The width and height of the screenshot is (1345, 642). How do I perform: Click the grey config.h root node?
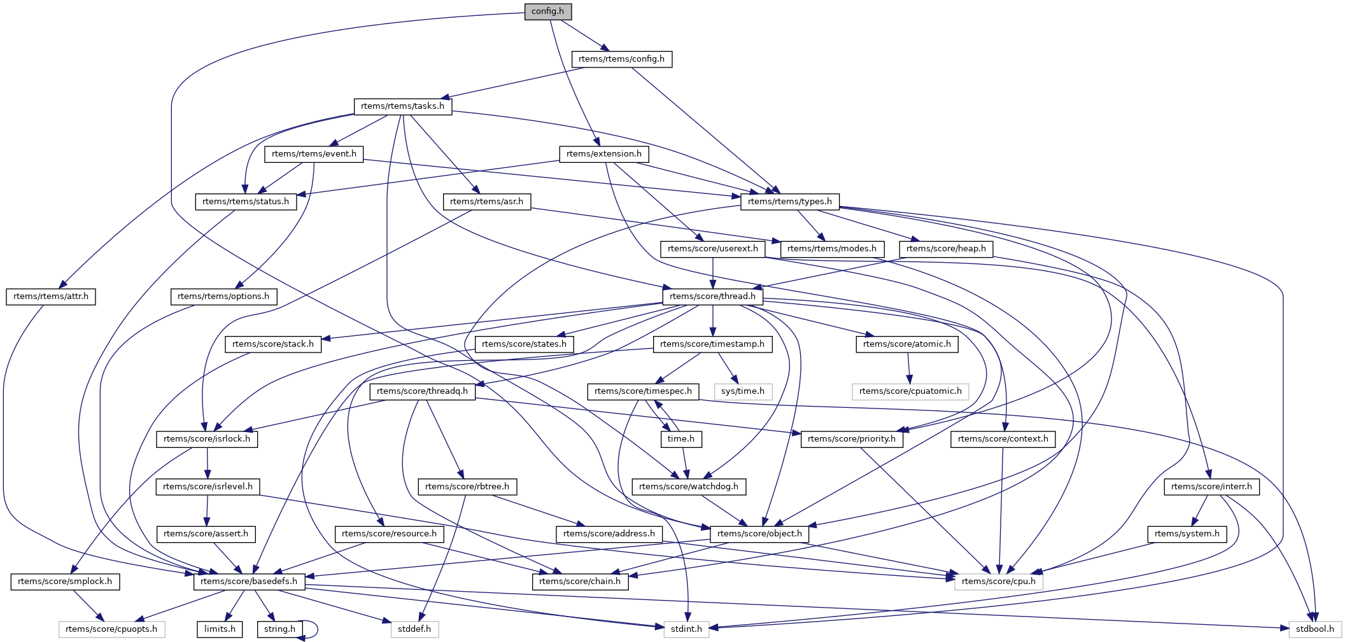(x=547, y=11)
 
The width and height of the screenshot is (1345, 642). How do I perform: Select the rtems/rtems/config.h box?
(x=621, y=59)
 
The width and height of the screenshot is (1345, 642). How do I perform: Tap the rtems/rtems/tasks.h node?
(x=402, y=106)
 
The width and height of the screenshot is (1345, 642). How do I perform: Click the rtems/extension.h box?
(x=603, y=154)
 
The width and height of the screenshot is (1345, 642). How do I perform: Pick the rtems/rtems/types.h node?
(x=789, y=202)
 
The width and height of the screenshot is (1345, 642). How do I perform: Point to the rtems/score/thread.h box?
(x=712, y=297)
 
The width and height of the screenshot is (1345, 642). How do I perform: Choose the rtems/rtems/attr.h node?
(x=51, y=297)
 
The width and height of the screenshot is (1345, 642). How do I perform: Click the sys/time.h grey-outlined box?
(x=742, y=391)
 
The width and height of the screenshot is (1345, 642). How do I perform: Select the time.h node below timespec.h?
(x=680, y=439)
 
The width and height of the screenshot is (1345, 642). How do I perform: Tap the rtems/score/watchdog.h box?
(x=688, y=487)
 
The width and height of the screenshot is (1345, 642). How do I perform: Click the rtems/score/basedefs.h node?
(x=249, y=582)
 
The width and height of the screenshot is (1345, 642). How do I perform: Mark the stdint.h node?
(x=686, y=629)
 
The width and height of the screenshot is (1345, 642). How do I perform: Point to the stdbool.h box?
(x=1315, y=629)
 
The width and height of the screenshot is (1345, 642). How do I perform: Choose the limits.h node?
(x=220, y=629)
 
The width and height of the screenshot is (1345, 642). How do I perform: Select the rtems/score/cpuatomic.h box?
(x=910, y=391)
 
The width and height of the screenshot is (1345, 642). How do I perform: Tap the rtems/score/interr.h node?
(x=1211, y=487)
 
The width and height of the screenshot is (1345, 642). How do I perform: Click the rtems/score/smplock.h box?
(x=65, y=582)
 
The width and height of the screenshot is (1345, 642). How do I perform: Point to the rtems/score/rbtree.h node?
(x=467, y=487)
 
